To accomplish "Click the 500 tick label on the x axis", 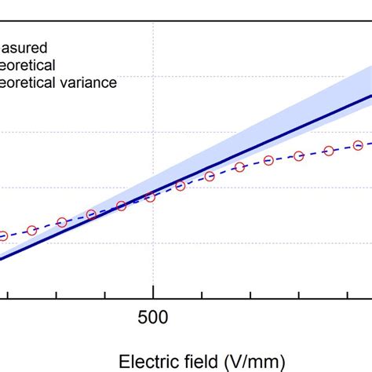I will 151,317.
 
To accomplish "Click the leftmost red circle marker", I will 2,235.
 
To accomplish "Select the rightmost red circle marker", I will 358,145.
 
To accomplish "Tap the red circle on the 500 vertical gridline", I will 151,197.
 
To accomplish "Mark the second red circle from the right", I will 328,150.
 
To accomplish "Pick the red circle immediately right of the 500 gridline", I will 181,186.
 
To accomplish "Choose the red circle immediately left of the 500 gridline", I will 121,206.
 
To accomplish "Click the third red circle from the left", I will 61,223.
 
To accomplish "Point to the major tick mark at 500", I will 151,292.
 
